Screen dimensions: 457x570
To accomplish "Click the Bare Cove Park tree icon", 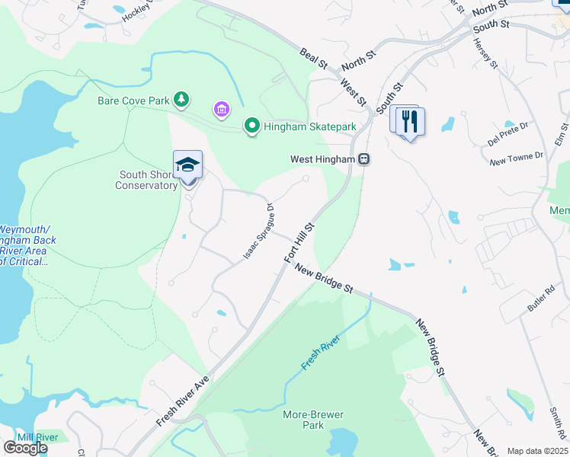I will [181, 100].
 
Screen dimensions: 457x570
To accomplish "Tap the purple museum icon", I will [222, 111].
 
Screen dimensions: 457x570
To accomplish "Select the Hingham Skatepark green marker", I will [252, 126].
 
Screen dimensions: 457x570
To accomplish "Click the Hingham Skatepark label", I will [310, 127].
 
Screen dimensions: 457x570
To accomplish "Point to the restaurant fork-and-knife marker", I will [410, 122].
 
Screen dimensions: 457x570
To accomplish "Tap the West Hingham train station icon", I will [364, 159].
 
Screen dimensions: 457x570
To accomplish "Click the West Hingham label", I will [323, 160].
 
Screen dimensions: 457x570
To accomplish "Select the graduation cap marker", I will [188, 165].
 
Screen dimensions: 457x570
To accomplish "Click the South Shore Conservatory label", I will [147, 180].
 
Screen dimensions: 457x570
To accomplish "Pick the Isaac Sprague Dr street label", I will [259, 230].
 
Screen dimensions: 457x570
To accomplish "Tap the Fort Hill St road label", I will [299, 243].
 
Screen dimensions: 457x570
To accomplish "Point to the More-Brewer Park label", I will [313, 420].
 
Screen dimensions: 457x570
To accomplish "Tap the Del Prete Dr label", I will [508, 134].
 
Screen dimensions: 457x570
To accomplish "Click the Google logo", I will [24, 448].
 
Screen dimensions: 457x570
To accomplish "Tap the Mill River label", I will [37, 437].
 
